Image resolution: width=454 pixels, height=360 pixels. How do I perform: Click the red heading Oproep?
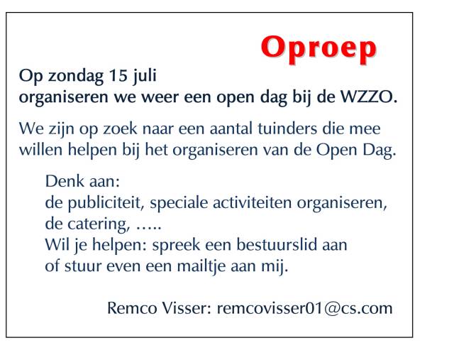click(x=319, y=48)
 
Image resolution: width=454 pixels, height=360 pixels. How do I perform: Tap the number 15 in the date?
click(x=118, y=75)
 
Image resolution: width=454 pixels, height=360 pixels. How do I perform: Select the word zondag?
click(x=76, y=77)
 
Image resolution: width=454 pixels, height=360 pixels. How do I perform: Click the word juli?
click(x=145, y=77)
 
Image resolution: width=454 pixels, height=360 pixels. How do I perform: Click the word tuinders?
click(x=287, y=129)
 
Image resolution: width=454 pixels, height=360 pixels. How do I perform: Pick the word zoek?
click(x=120, y=129)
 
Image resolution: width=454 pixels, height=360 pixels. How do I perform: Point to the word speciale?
click(x=179, y=204)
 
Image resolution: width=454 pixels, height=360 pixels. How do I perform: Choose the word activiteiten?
click(x=253, y=202)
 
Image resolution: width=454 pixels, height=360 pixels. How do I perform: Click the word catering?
click(x=99, y=225)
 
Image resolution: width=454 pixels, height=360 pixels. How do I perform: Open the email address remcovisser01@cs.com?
click(x=304, y=308)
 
